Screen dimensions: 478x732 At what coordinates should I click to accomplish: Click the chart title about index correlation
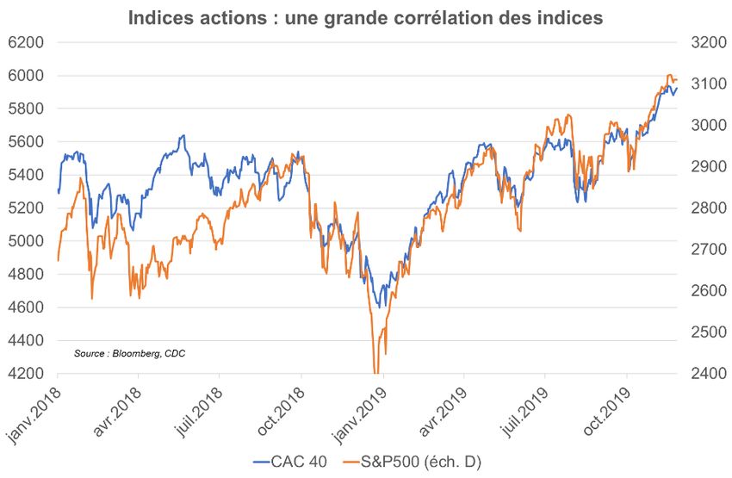tap(365, 16)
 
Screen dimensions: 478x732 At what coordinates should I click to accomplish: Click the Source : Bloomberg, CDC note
tap(129, 353)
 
